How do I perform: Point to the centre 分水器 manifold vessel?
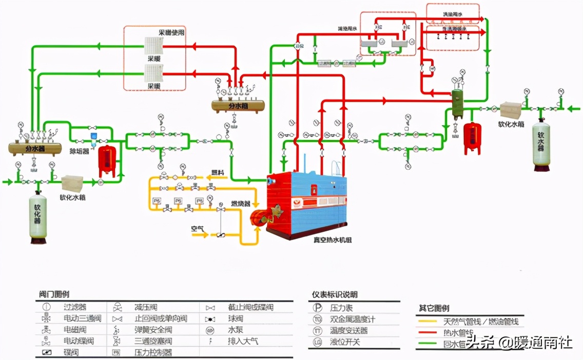[238, 105]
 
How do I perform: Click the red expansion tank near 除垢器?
[107, 160]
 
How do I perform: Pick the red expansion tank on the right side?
[472, 137]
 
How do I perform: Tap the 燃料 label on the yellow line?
[218, 172]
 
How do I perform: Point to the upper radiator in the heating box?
[152, 47]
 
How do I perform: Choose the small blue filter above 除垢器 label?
[93, 136]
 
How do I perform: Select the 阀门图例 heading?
[54, 294]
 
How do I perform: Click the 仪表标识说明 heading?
[335, 294]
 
